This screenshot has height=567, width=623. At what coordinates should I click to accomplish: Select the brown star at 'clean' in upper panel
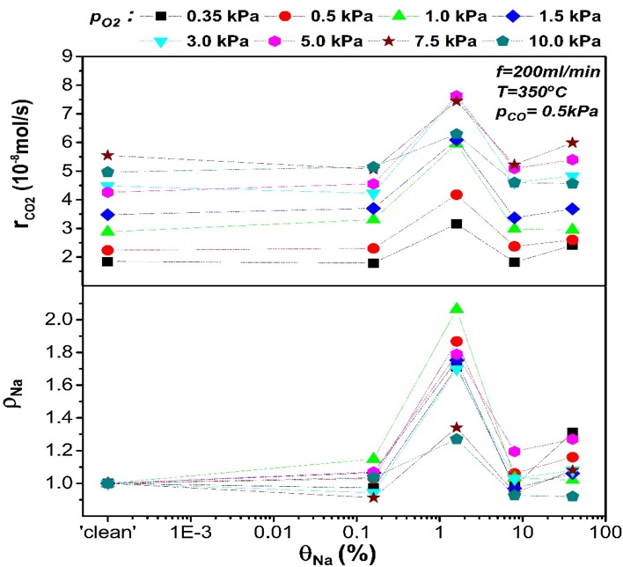108,155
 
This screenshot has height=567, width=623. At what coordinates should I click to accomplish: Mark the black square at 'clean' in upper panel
108,261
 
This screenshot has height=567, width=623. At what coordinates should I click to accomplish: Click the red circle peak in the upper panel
457,195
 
